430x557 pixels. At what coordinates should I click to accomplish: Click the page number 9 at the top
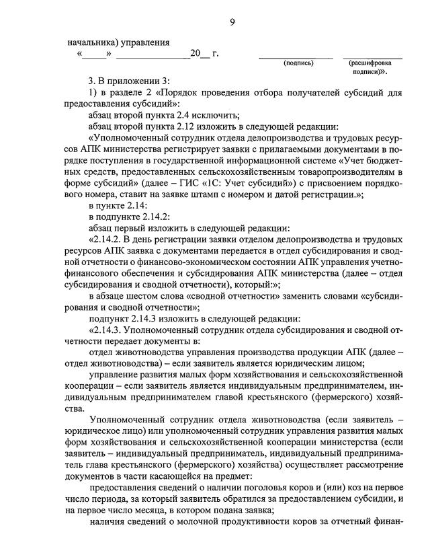[232, 23]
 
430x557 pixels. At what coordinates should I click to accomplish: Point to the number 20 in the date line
[195, 52]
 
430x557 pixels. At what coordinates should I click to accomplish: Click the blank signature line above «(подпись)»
[296, 58]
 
